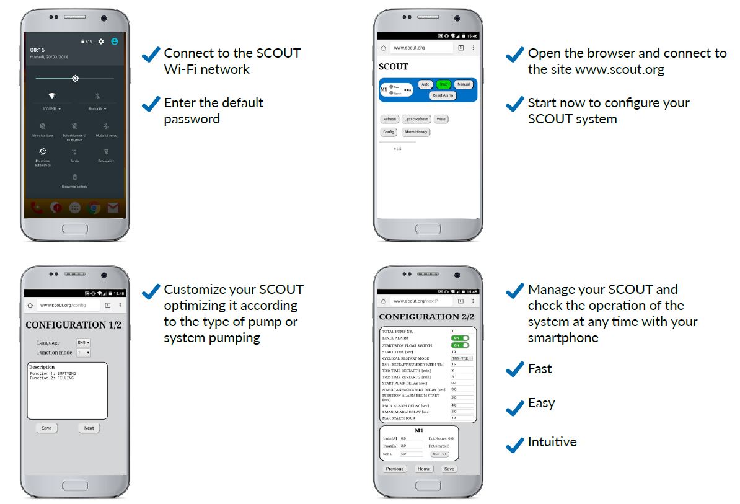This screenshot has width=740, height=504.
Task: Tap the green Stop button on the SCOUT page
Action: point(443,84)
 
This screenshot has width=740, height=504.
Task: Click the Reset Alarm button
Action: point(443,95)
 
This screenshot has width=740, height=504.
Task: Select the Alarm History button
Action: point(416,132)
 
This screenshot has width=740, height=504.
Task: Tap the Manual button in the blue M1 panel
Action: point(463,84)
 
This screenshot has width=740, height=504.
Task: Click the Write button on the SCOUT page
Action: point(441,119)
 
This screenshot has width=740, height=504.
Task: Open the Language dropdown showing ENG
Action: point(84,342)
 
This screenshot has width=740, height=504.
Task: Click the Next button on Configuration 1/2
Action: point(89,428)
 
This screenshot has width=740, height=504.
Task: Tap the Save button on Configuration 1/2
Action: point(46,428)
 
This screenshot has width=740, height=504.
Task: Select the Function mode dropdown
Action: point(83,353)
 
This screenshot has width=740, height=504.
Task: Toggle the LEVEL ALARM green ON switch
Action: point(460,338)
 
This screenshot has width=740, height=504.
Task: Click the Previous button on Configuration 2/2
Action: point(395,469)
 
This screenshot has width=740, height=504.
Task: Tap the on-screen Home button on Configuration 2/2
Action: point(424,469)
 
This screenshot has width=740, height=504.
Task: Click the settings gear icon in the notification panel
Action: point(101,42)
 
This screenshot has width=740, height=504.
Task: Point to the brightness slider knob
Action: point(75,79)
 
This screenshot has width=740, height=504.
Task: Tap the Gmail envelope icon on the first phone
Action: point(112,208)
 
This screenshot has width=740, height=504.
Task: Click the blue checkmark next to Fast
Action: point(514,369)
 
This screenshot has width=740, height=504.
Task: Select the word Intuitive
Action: point(552,442)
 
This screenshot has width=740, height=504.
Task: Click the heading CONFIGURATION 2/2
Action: point(426,317)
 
